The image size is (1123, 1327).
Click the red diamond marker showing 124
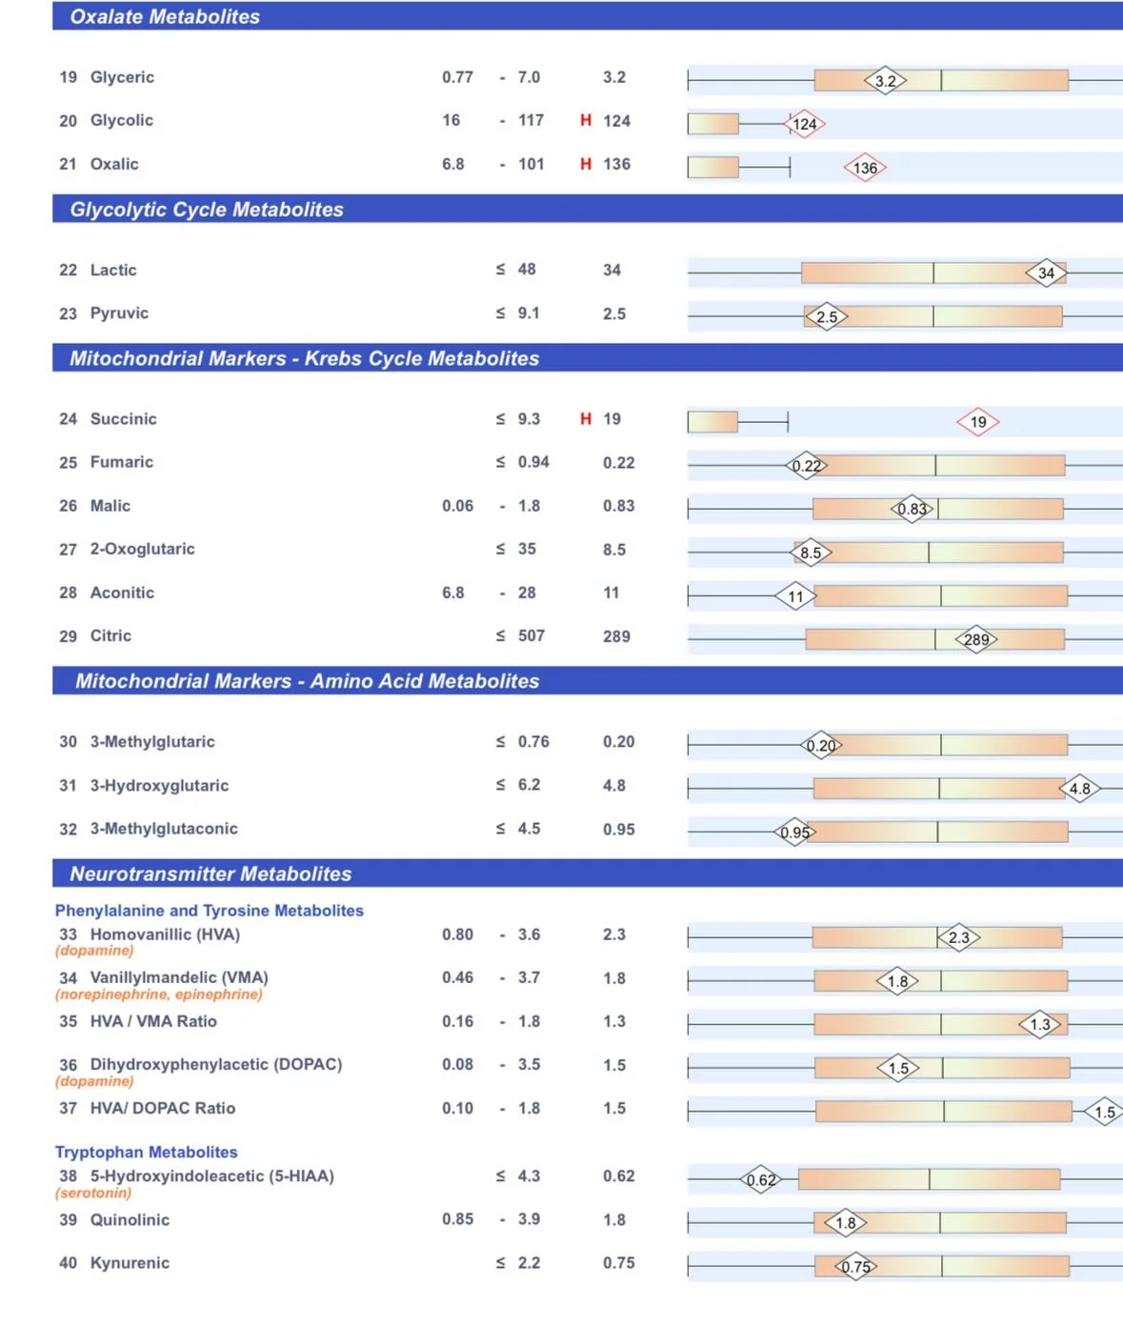click(x=804, y=124)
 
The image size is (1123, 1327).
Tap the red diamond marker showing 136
click(x=865, y=168)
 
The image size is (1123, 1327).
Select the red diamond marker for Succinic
click(x=978, y=422)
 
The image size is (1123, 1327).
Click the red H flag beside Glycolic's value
click(x=586, y=121)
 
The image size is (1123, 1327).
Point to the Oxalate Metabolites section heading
click(x=165, y=16)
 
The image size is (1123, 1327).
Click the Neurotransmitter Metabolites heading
click(x=211, y=874)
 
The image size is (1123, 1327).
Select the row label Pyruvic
click(x=119, y=313)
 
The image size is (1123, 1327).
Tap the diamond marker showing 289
click(x=976, y=639)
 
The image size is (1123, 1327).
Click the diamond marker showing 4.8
click(x=1079, y=789)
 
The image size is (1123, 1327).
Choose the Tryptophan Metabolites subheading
click(x=146, y=1152)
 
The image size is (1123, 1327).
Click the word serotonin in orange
click(x=93, y=1193)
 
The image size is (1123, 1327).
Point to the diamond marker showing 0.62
click(x=761, y=1180)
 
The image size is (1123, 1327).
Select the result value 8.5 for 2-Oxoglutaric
click(x=614, y=550)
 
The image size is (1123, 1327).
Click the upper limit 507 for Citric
click(x=531, y=636)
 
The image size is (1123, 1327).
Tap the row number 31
click(x=68, y=786)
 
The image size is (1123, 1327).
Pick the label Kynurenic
click(x=130, y=1263)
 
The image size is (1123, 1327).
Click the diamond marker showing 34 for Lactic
click(x=1046, y=273)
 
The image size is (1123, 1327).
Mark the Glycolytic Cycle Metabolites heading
click(x=207, y=210)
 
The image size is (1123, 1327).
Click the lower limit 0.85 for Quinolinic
click(x=457, y=1219)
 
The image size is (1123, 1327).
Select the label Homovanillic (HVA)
click(x=165, y=935)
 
